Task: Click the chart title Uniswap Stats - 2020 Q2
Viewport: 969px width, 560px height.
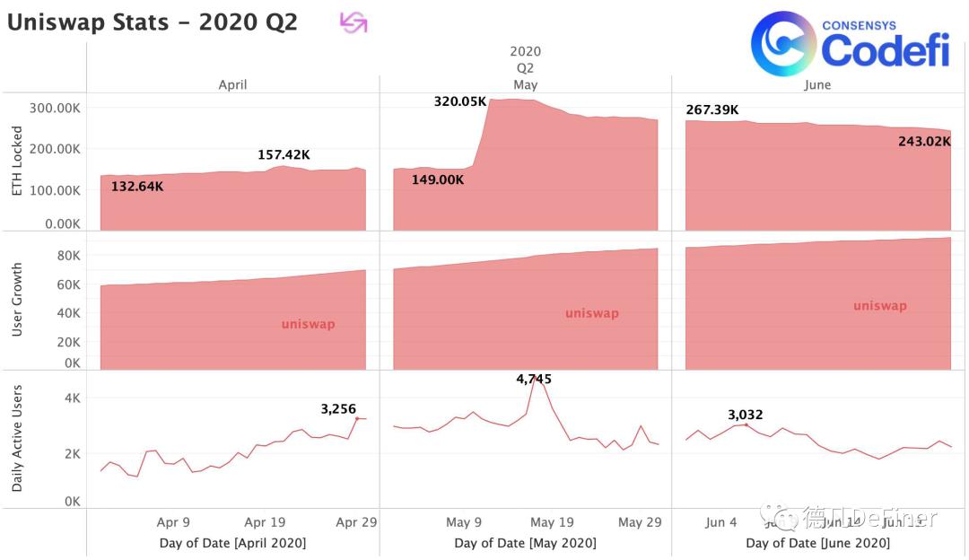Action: coord(153,22)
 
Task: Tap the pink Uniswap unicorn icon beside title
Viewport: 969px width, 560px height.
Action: coord(354,22)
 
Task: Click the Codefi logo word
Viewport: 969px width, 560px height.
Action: coord(884,51)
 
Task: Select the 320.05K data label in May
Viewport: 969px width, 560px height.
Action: coord(460,101)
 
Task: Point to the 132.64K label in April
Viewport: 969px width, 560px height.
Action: coord(137,187)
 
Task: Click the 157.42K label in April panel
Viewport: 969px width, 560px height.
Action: coord(284,155)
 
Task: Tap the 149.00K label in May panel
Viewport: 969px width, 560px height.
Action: coord(438,179)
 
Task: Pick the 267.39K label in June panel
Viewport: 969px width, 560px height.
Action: coord(712,109)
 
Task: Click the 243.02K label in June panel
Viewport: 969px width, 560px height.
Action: coord(924,141)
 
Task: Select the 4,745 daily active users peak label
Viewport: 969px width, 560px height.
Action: coord(533,380)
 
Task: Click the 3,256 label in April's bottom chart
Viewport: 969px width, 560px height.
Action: coord(338,408)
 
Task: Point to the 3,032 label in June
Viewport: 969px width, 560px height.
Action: coord(745,415)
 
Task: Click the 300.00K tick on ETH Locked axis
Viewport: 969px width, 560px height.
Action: coord(56,109)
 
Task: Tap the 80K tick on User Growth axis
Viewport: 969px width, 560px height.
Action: coord(69,256)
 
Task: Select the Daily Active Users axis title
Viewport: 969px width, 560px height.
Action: coord(17,439)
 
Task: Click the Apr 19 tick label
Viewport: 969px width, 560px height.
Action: coord(265,522)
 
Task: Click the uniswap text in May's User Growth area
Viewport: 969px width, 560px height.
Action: coord(591,313)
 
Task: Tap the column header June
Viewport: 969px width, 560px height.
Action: coord(817,84)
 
